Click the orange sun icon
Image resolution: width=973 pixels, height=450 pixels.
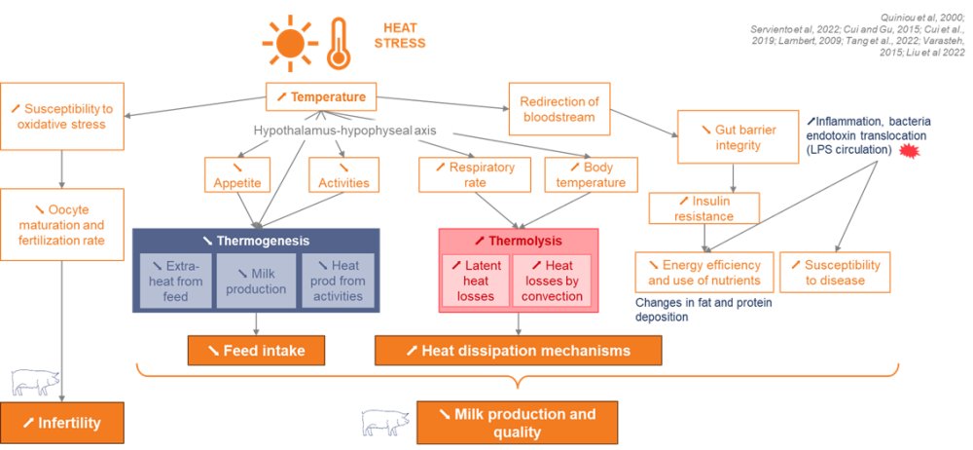tap(289, 42)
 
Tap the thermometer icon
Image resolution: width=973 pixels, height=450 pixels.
tap(339, 43)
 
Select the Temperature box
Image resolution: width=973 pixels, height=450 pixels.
tap(321, 97)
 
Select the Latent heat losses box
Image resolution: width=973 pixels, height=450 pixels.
tap(477, 281)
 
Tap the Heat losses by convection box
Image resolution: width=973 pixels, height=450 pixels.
tap(551, 281)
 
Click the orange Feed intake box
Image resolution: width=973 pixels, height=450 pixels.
tap(256, 350)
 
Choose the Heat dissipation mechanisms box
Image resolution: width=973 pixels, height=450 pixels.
tap(519, 350)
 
